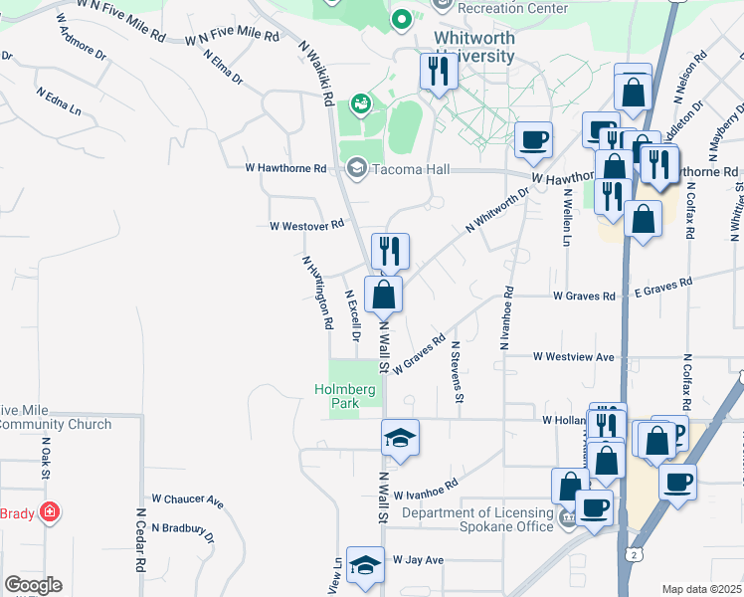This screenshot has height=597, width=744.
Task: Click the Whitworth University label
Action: pyautogui.click(x=474, y=48)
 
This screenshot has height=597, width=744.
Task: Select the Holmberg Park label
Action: pyautogui.click(x=344, y=396)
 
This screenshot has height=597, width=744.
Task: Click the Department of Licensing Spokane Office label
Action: pyautogui.click(x=477, y=518)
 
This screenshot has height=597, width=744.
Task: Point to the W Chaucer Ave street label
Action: pyautogui.click(x=188, y=498)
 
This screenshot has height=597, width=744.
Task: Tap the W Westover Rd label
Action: pyautogui.click(x=306, y=226)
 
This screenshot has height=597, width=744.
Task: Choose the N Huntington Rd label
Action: pyautogui.click(x=317, y=293)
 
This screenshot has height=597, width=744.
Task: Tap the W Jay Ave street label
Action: pyautogui.click(x=418, y=560)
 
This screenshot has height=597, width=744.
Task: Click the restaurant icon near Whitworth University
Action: pyautogui.click(x=437, y=71)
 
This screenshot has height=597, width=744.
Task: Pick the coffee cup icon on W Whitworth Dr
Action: pyautogui.click(x=534, y=140)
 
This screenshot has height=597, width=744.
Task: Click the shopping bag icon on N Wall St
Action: pyautogui.click(x=384, y=295)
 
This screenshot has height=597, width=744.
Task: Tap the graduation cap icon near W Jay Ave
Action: pyautogui.click(x=365, y=564)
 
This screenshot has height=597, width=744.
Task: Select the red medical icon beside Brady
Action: pyautogui.click(x=50, y=513)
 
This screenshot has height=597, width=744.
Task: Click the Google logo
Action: pyautogui.click(x=33, y=585)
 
